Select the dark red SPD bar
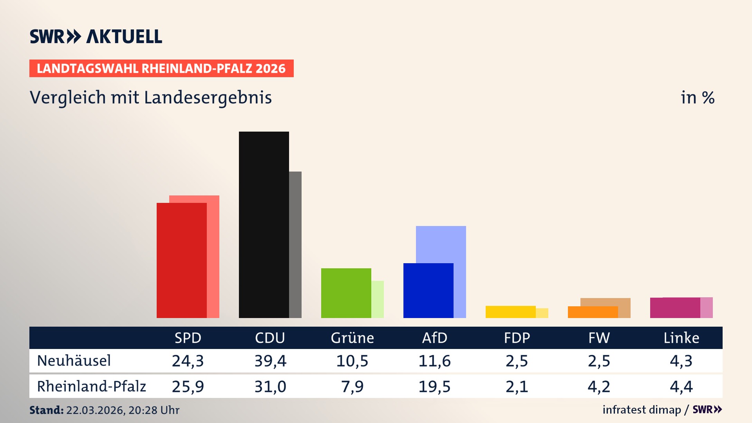[181, 260]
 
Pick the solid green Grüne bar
[346, 293]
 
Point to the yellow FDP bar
[510, 312]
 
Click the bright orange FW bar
[593, 312]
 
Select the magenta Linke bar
[675, 308]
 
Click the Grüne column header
[352, 338]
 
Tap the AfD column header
[434, 338]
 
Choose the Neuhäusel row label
[74, 361]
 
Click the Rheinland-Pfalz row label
[91, 387]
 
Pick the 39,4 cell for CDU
[270, 361]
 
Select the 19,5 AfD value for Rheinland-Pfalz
[434, 387]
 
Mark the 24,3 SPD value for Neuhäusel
[188, 361]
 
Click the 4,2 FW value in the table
[599, 387]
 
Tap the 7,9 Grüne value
[352, 387]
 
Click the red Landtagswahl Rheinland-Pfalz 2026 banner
[161, 69]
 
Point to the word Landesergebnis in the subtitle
[208, 98]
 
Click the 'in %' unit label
[697, 98]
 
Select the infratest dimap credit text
[642, 410]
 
